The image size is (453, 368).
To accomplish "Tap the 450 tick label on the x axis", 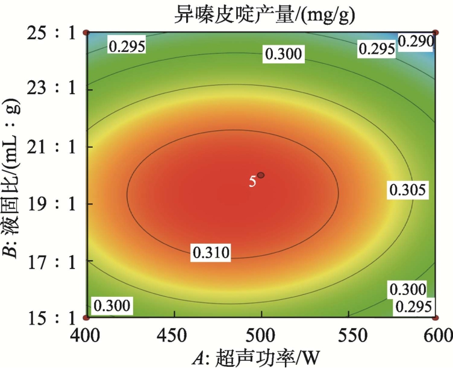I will pyautogui.click(x=174, y=334).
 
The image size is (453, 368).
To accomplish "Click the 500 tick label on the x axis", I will pyautogui.click(x=261, y=334).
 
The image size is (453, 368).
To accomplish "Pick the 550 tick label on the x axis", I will pyautogui.click(x=348, y=334).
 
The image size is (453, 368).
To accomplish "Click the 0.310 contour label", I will pyautogui.click(x=210, y=253).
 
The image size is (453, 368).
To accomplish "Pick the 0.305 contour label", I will pyautogui.click(x=408, y=190).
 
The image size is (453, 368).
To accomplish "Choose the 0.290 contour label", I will pyautogui.click(x=416, y=42).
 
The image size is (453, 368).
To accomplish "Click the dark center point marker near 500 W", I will pyautogui.click(x=261, y=175).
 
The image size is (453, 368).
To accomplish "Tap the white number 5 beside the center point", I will pyautogui.click(x=253, y=181).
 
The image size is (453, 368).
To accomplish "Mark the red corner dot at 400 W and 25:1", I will pyautogui.click(x=86, y=32).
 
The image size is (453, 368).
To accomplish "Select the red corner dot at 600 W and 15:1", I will pyautogui.click(x=436, y=317).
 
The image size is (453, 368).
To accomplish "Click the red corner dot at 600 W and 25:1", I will pyautogui.click(x=436, y=32).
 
